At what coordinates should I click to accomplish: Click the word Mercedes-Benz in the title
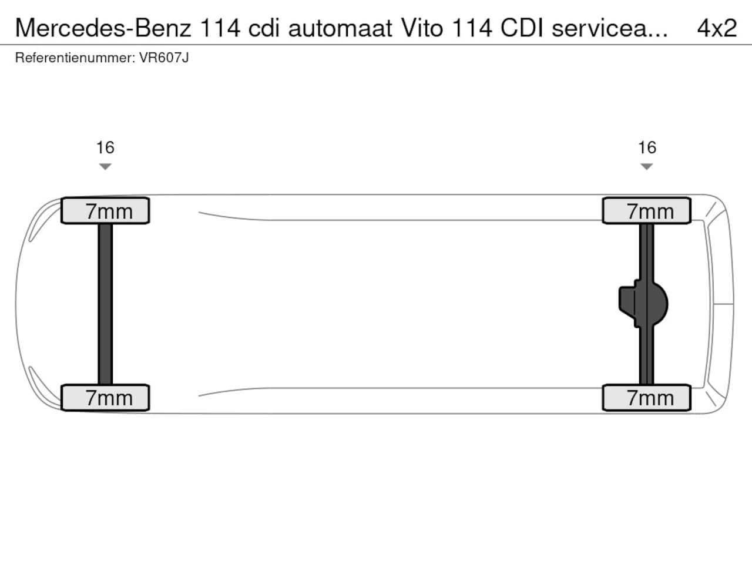tap(103, 28)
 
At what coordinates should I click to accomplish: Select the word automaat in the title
tap(340, 28)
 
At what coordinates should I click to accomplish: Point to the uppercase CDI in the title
tap(522, 28)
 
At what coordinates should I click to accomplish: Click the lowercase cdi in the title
tap(263, 28)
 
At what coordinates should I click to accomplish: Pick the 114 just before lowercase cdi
tap(220, 28)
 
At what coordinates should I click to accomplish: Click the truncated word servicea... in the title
tap(610, 28)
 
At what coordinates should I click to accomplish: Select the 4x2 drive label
tap(717, 28)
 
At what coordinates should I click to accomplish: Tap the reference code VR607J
tap(164, 58)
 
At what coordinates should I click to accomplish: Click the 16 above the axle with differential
tap(647, 147)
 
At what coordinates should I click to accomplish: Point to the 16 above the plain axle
tap(105, 147)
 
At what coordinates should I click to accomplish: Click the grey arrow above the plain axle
tap(105, 167)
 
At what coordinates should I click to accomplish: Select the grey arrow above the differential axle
tap(646, 167)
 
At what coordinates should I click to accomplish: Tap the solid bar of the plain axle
tap(105, 304)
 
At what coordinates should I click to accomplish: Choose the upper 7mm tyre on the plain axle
tap(105, 210)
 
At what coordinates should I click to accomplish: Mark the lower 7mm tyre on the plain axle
tap(105, 398)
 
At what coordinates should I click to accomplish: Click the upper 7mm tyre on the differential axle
tap(647, 210)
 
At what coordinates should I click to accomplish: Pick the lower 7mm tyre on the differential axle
tap(647, 398)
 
